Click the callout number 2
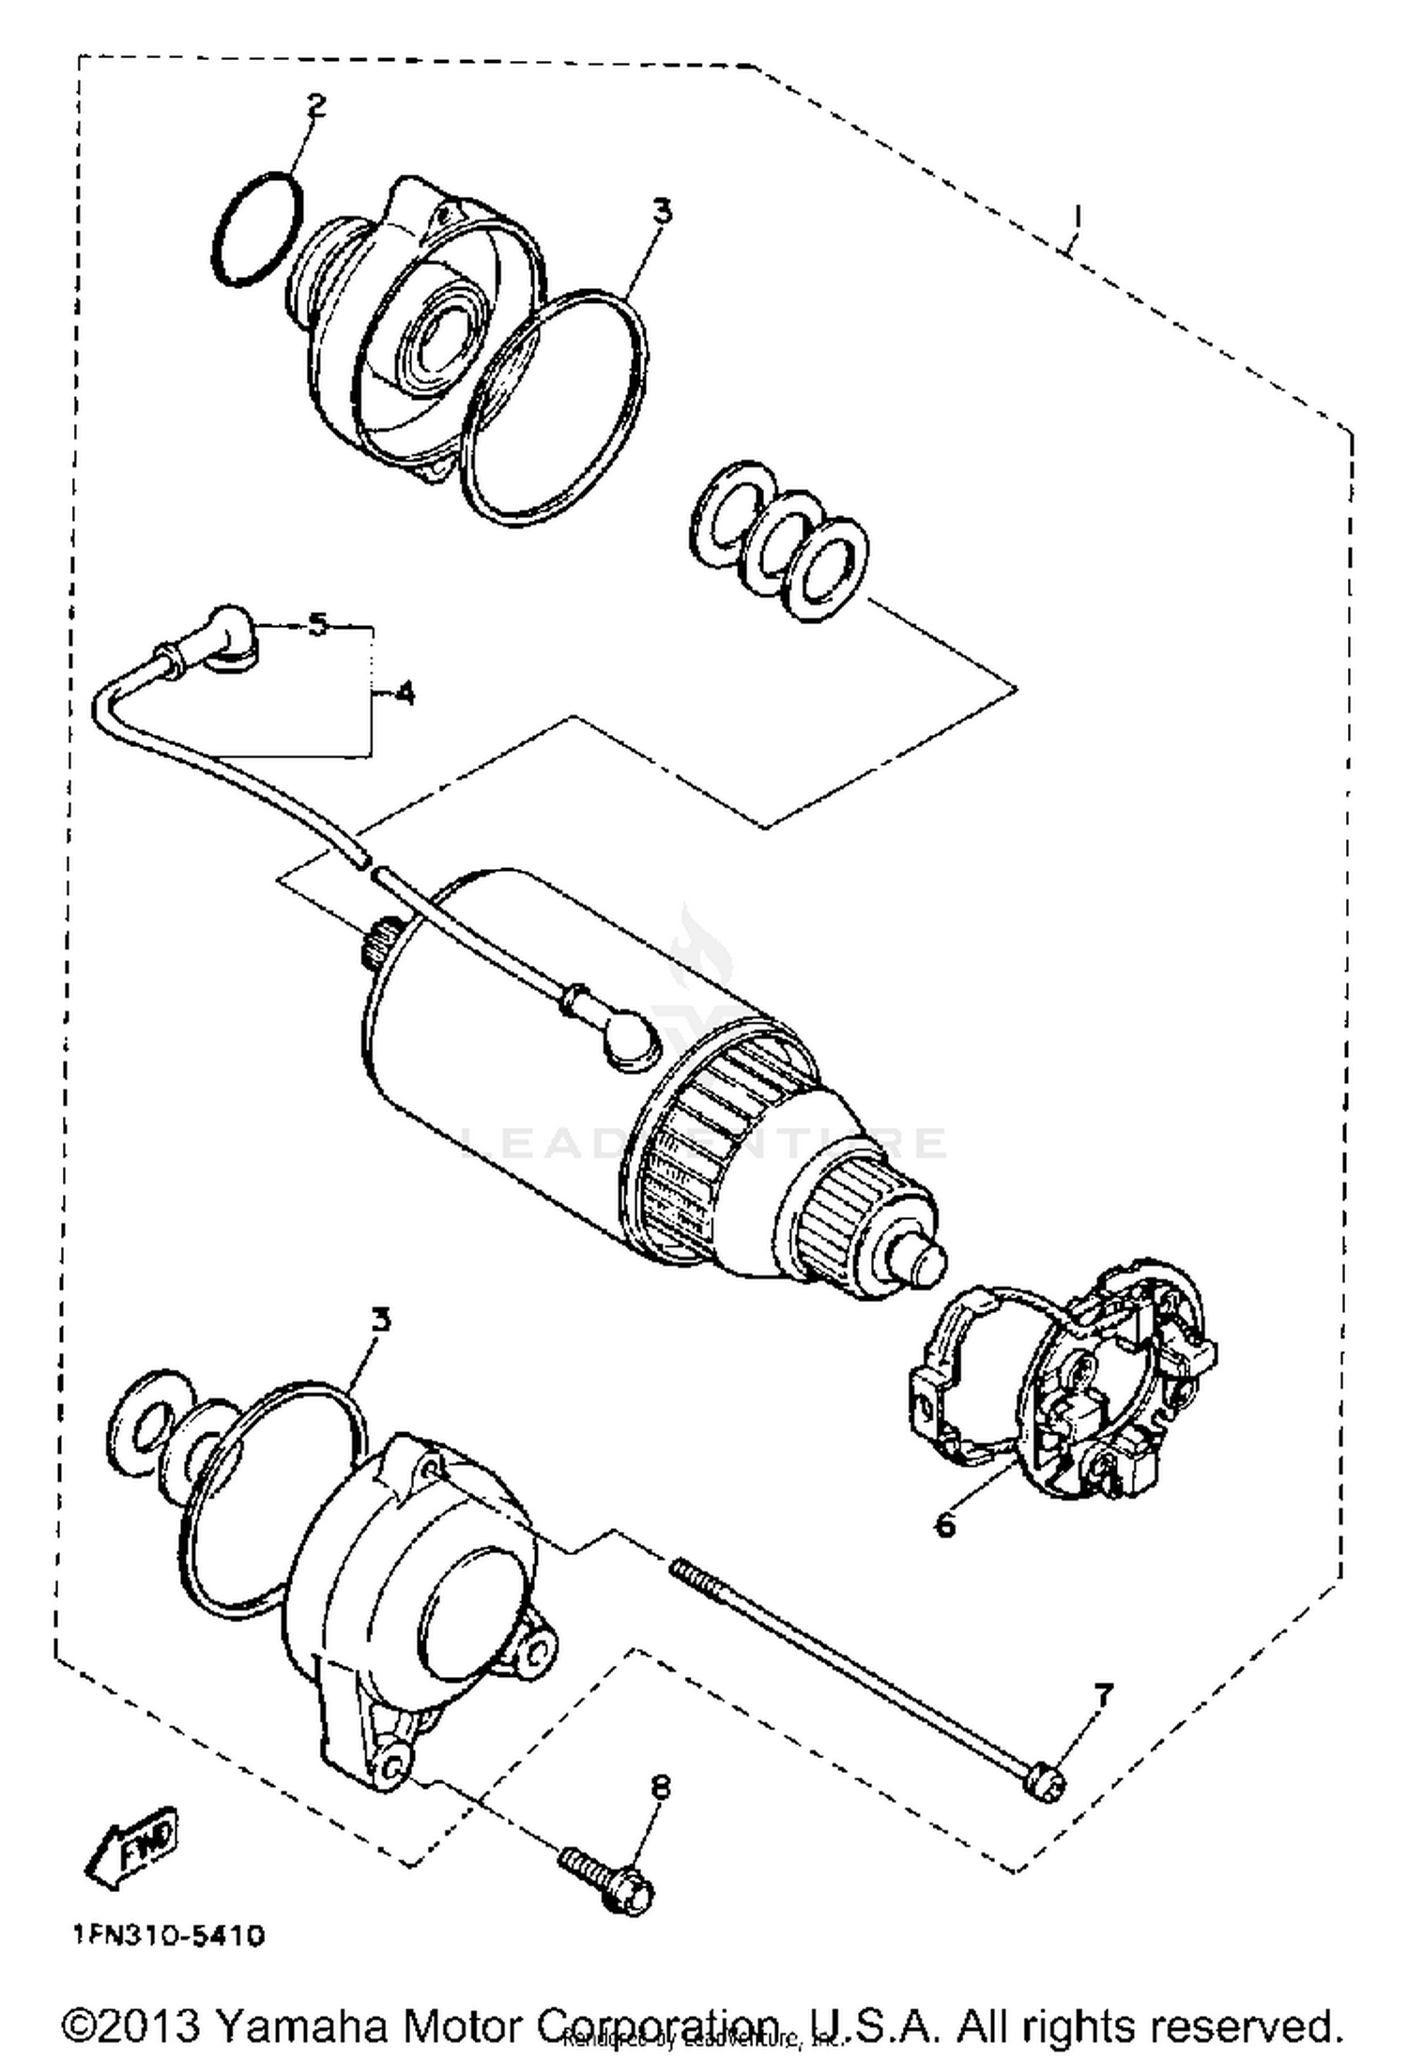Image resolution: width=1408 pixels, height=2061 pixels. [x=316, y=104]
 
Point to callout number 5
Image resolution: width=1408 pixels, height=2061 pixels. [x=319, y=623]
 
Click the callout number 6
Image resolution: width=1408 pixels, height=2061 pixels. [x=944, y=1524]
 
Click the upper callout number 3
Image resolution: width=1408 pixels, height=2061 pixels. [x=662, y=211]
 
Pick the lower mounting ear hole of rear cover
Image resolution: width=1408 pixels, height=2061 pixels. [x=392, y=1764]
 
